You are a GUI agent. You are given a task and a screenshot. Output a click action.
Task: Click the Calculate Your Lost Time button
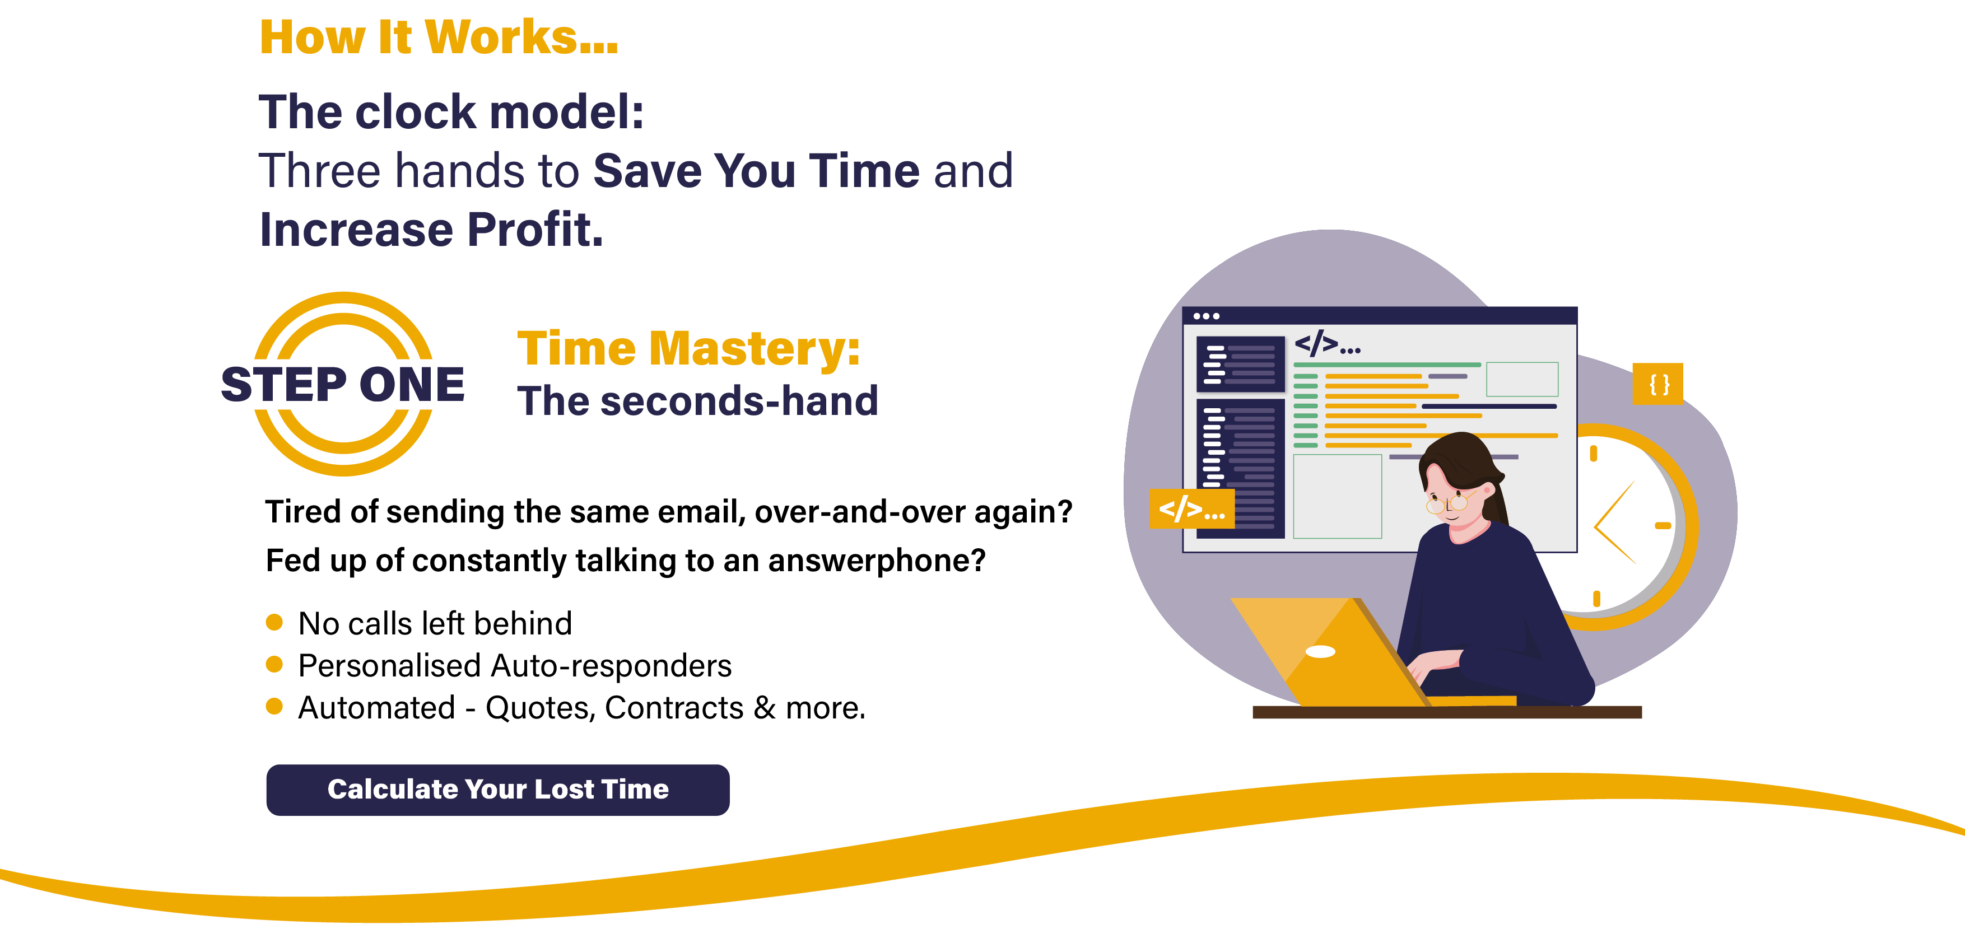tap(497, 790)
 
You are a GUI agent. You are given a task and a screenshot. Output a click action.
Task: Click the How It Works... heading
tap(439, 36)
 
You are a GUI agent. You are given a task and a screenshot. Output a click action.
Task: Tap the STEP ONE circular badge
tap(343, 384)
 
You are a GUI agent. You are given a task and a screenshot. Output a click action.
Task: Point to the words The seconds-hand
tap(698, 401)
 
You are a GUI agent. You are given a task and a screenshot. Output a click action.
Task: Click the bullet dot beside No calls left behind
tap(274, 622)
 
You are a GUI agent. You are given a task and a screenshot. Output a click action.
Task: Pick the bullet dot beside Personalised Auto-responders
tap(274, 664)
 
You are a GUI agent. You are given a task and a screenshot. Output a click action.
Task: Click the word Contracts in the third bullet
tap(673, 708)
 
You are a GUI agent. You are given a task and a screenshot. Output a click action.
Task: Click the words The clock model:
tap(451, 112)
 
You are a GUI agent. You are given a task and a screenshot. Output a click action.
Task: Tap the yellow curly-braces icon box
tap(1657, 384)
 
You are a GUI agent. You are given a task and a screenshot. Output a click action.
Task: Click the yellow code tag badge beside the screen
tap(1191, 508)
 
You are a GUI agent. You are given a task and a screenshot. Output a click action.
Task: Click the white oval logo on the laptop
tap(1320, 651)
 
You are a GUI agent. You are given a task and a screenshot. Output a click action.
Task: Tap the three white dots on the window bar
tap(1206, 316)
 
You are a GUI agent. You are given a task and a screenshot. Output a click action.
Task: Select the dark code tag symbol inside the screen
tap(1328, 344)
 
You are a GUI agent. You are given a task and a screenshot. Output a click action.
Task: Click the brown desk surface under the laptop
tap(1447, 712)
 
